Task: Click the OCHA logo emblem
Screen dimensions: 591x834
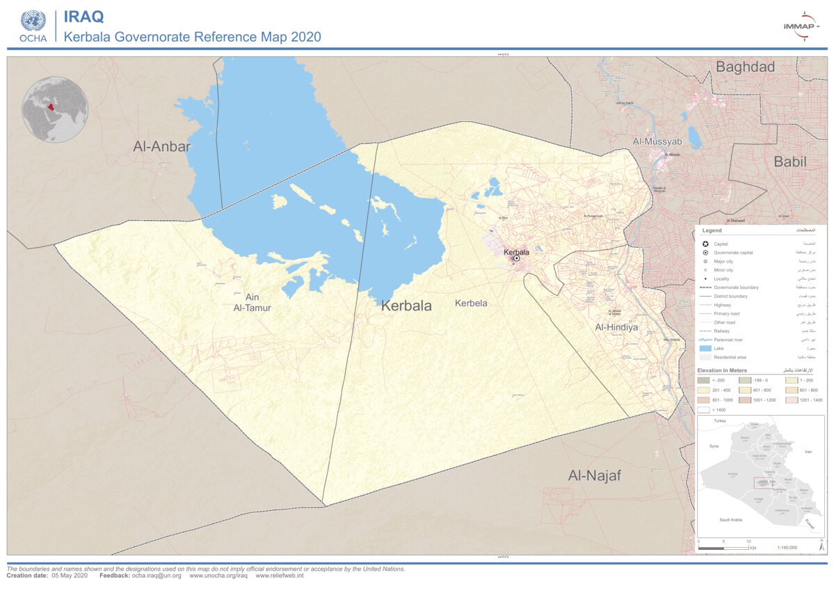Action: [x=33, y=21]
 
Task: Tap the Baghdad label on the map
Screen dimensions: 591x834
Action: [x=745, y=68]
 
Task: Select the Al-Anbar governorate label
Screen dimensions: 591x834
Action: [x=162, y=146]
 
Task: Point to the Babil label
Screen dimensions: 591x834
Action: [x=790, y=162]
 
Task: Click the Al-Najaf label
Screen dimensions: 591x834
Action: [x=594, y=475]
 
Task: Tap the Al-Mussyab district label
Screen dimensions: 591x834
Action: [x=657, y=141]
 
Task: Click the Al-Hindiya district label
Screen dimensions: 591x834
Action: [x=616, y=326]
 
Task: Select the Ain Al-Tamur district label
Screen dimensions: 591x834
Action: [x=252, y=302]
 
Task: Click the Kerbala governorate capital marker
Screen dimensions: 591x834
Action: [x=516, y=259]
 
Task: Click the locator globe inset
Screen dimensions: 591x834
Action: [x=55, y=110]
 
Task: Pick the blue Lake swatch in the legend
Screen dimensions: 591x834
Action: [x=705, y=348]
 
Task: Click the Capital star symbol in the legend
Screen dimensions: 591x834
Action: [x=705, y=244]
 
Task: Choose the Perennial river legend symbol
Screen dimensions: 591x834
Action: [x=705, y=340]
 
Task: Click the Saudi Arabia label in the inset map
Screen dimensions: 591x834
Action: [x=730, y=519]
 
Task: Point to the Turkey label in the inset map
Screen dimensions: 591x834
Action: [x=719, y=421]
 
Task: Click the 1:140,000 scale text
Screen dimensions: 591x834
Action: [x=787, y=548]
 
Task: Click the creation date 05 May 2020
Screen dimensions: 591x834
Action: [x=70, y=576]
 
